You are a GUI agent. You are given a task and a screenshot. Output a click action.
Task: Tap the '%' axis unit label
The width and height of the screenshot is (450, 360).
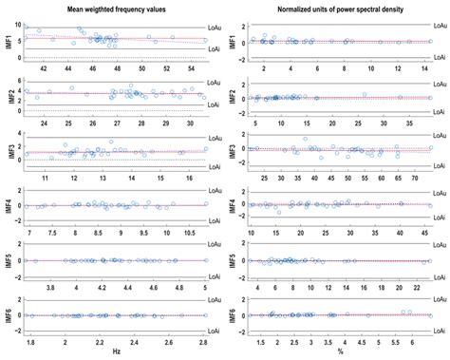click(340, 352)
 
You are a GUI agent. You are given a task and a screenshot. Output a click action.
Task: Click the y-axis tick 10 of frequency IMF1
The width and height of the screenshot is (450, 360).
click(18, 25)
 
